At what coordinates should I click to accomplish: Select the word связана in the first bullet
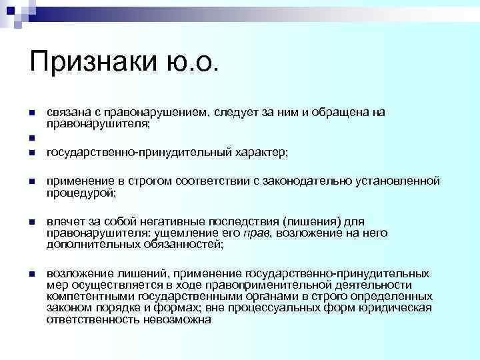pos(67,112)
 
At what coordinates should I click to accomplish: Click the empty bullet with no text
pos(31,139)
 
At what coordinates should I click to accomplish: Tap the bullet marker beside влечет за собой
pos(31,221)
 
